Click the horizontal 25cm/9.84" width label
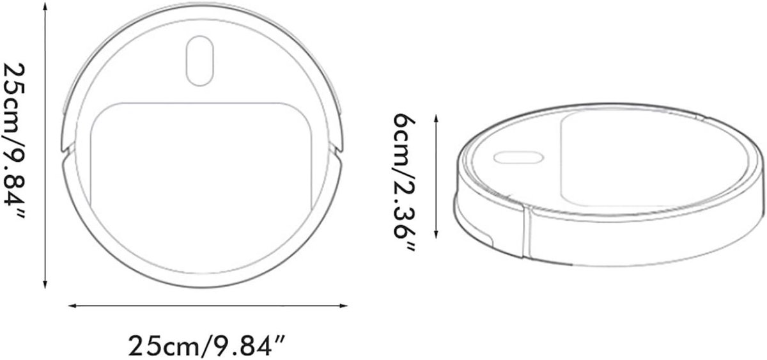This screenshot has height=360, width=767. point(206,346)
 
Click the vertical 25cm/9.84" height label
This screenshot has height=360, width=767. point(14,141)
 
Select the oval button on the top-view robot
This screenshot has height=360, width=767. point(200,61)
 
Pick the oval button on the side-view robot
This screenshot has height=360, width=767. point(518,157)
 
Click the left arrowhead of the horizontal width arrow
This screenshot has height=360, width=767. point(72,306)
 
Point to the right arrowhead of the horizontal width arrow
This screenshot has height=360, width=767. point(344,306)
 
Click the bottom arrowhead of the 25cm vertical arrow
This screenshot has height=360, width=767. point(45,285)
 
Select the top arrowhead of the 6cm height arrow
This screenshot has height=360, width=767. point(436,118)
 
